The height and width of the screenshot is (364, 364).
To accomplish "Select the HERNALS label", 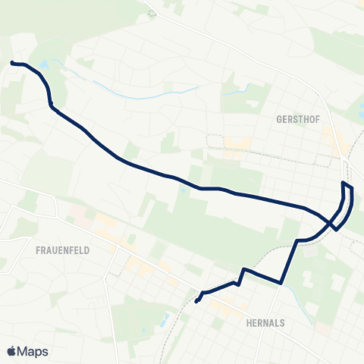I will [x=265, y=322].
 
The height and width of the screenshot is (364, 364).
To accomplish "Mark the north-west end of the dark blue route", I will [x=11, y=62].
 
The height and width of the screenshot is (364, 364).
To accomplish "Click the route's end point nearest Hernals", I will [x=196, y=302].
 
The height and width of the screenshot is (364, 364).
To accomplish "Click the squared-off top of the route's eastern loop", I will [x=348, y=186].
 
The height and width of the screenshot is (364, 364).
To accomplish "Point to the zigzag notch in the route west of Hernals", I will [x=241, y=275].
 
